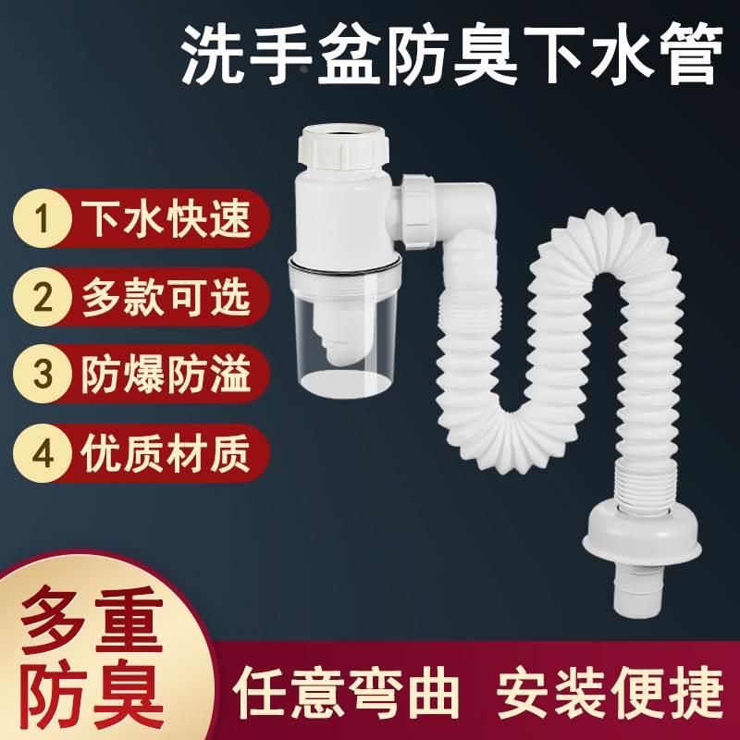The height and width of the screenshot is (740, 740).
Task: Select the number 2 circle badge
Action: coord(40,297)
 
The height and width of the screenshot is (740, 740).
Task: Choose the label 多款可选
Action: coord(166,297)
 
